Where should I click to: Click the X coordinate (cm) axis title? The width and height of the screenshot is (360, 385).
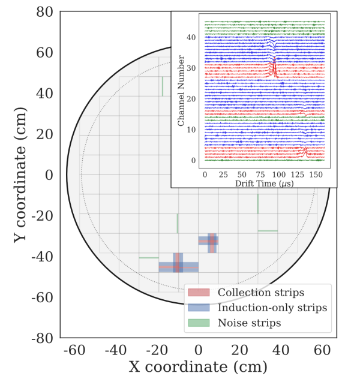[x=198, y=366]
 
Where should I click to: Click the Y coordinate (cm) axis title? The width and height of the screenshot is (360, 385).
[x=22, y=175]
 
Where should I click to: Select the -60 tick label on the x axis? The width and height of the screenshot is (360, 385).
[x=72, y=350]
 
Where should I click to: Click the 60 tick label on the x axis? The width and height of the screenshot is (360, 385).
[x=322, y=350]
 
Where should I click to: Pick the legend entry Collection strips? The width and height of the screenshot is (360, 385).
[x=260, y=293]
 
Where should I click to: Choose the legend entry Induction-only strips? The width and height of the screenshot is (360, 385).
[x=272, y=308]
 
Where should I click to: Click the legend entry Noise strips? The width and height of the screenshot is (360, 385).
[x=249, y=323]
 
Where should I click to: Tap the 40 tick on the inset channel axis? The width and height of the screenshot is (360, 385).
[x=191, y=37]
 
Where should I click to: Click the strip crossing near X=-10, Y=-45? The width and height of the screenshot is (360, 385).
[x=178, y=263]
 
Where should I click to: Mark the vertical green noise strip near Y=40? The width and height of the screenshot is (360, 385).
[x=162, y=86]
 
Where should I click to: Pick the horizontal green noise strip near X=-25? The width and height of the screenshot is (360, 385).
[x=149, y=258]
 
